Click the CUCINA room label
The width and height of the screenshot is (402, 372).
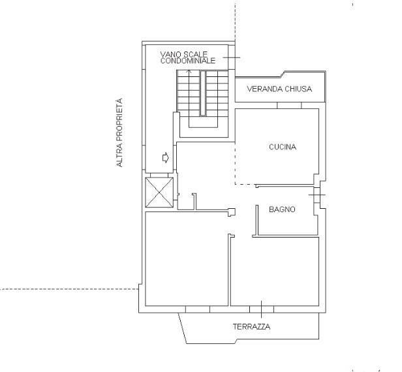point(283,147)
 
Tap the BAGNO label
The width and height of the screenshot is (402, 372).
point(282,209)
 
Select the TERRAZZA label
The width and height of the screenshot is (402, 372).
point(251,326)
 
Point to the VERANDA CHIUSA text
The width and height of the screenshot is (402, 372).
point(279,89)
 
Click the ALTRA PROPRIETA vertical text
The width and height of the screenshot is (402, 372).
point(119,132)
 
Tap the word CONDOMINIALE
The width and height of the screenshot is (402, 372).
point(188,61)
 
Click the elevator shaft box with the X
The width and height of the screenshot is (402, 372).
point(159,193)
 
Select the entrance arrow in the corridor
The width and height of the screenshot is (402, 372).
point(166,157)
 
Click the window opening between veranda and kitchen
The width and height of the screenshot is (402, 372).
point(289,105)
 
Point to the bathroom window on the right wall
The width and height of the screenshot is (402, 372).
point(317,195)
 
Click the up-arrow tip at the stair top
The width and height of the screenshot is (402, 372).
point(190,70)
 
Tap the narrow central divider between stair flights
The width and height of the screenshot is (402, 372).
point(203,93)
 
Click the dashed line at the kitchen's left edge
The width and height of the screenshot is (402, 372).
point(235,163)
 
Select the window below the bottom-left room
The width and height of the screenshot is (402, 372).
point(198,309)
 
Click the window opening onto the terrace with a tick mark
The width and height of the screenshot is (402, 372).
point(262,309)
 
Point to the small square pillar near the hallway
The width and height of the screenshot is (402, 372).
point(232,212)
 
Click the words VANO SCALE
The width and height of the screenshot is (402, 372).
point(184,54)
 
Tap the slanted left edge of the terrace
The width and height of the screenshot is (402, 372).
point(182,328)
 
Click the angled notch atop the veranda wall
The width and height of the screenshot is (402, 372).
point(283,74)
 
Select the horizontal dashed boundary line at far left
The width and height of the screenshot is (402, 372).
point(69,290)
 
